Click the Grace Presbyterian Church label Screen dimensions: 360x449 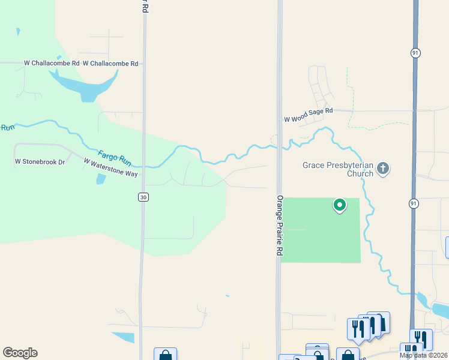[338, 169]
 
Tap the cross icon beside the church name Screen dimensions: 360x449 [384, 169]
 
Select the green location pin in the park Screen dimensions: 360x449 [340, 206]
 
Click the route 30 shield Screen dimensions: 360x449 [143, 197]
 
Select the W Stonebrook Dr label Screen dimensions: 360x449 [40, 161]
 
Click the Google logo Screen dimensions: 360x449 [20, 353]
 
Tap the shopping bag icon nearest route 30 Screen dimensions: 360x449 [165, 355]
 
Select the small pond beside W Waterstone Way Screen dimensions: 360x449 [101, 179]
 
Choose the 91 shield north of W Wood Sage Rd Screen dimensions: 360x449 [415, 53]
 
